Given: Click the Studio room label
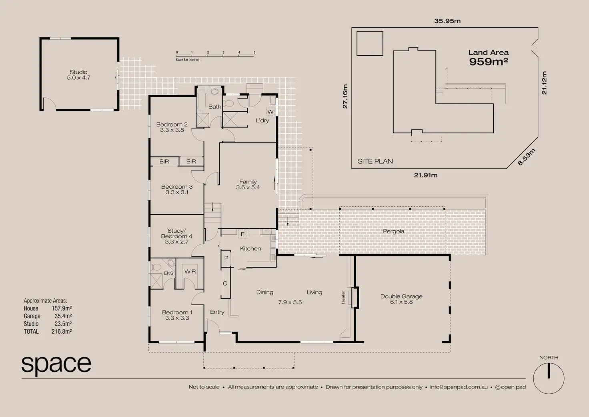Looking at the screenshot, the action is pyautogui.click(x=78, y=72).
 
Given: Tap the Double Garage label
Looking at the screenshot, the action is pyautogui.click(x=401, y=296).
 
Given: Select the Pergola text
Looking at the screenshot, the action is pyautogui.click(x=393, y=232).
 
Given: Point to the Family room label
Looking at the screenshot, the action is pyautogui.click(x=248, y=181).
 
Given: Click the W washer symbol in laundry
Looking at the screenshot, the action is pyautogui.click(x=270, y=112).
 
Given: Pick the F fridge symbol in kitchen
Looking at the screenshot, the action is pyautogui.click(x=242, y=234).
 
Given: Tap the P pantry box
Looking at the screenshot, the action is pyautogui.click(x=226, y=258).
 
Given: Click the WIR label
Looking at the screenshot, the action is pyautogui.click(x=190, y=272).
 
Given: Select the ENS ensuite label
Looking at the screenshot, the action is pyautogui.click(x=168, y=273).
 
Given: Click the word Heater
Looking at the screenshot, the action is pyautogui.click(x=343, y=297).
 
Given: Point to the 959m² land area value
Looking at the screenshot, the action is pyautogui.click(x=488, y=62).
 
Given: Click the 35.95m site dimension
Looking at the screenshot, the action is pyautogui.click(x=447, y=21).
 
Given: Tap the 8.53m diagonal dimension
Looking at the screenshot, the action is pyautogui.click(x=527, y=157).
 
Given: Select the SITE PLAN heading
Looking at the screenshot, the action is pyautogui.click(x=375, y=161).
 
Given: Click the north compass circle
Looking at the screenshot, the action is pyautogui.click(x=549, y=379).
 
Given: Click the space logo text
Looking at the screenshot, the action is pyautogui.click(x=56, y=365).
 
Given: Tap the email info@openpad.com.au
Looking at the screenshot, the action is pyautogui.click(x=459, y=387).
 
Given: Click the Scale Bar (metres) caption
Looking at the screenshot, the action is pyautogui.click(x=188, y=60).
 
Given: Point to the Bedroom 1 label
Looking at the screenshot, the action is pyautogui.click(x=177, y=312).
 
